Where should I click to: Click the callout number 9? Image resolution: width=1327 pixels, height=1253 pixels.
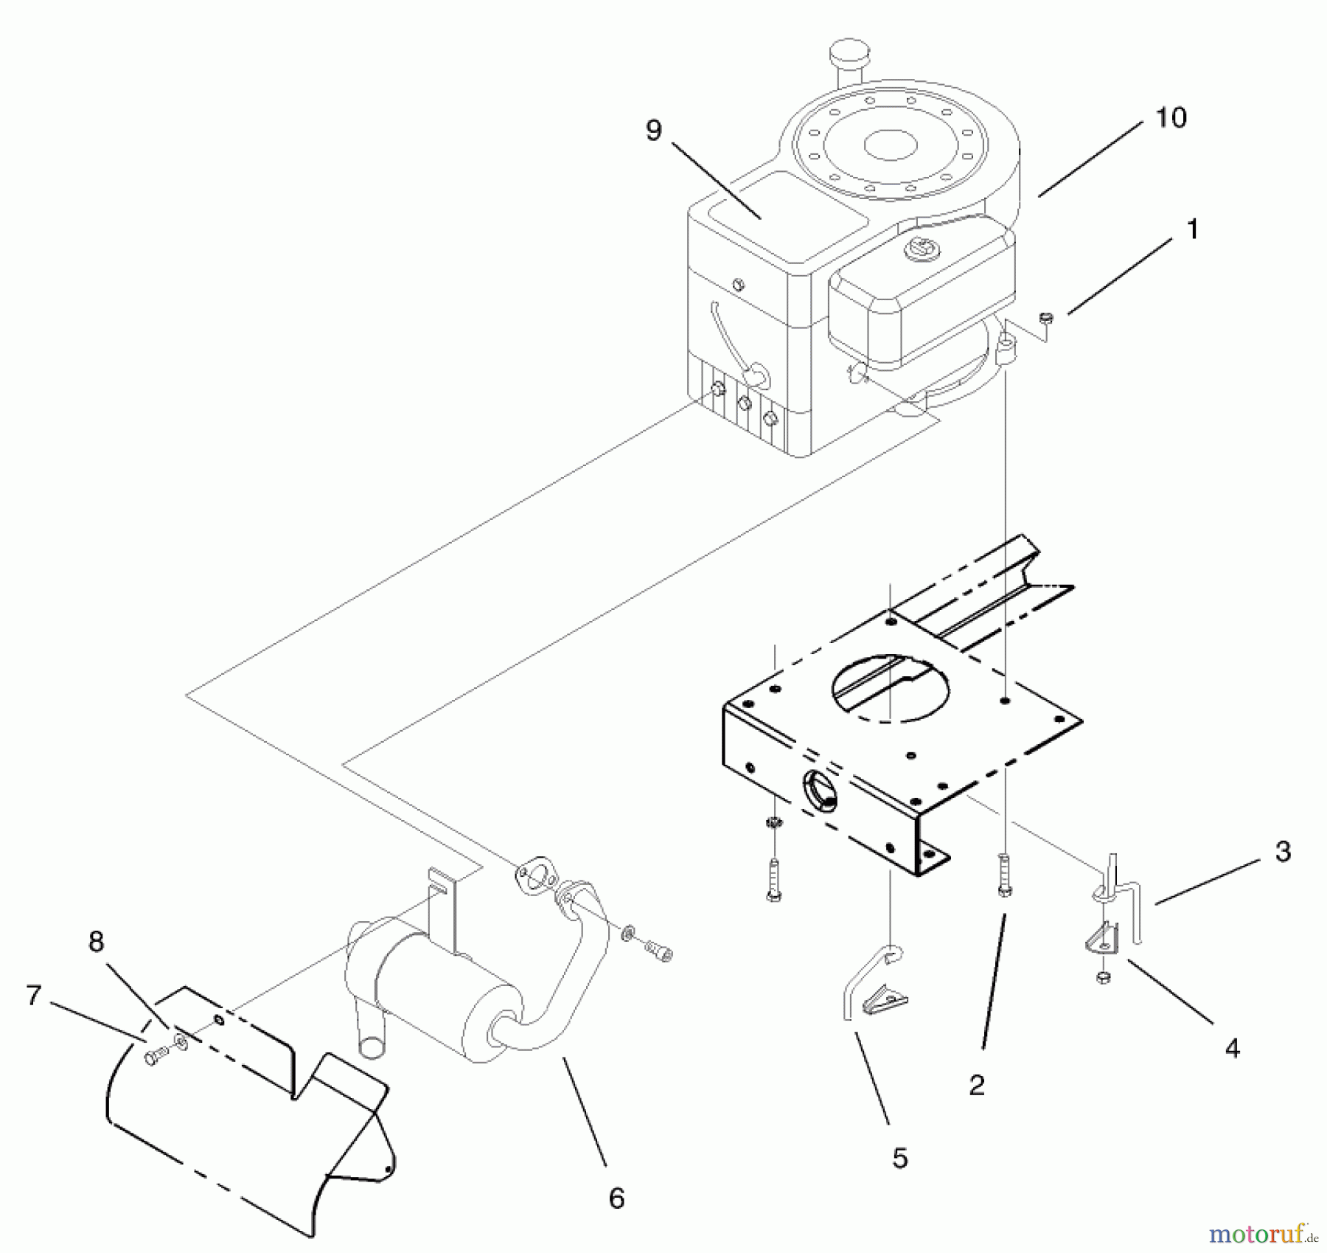653,131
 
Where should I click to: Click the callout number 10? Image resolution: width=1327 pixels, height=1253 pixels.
1171,118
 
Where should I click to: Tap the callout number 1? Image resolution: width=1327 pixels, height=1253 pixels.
1192,229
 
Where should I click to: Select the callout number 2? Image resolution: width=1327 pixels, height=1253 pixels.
977,1085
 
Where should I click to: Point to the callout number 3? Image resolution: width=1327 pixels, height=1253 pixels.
1283,851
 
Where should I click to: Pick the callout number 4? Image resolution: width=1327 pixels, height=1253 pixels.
1232,1048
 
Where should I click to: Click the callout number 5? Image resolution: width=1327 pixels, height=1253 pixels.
899,1158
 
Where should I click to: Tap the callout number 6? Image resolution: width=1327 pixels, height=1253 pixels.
616,1198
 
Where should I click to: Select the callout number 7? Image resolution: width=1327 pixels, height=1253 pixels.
33,996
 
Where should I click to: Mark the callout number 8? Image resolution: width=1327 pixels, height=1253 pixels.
96,942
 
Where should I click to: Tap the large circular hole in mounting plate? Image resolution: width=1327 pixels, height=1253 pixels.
891,687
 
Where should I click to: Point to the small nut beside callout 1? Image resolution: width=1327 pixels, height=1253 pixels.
1045,319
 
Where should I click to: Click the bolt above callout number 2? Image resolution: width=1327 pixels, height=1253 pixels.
1004,875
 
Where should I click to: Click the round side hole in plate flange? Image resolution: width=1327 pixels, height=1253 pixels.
821,791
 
